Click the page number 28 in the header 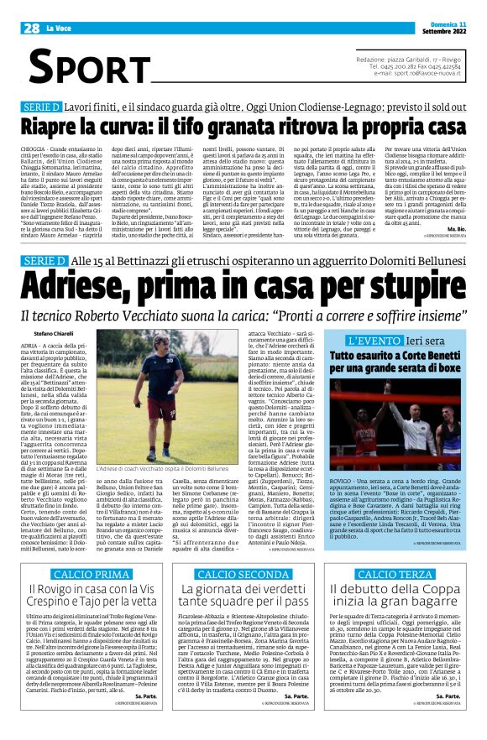pos(32,29)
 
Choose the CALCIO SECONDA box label pos(243,550)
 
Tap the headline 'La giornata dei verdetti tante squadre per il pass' pos(243,577)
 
